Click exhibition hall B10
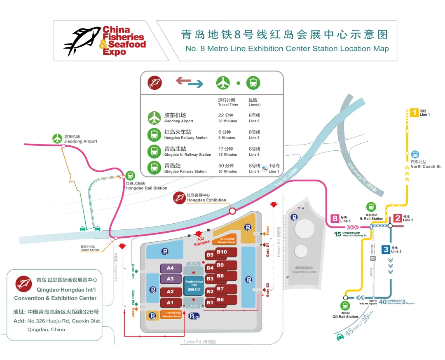pos(222,252)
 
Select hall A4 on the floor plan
pos(170,268)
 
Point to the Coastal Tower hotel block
pos(227,241)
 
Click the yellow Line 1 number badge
pos(414,112)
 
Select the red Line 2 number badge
pos(398,218)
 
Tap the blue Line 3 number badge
pos(386,249)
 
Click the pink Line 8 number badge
pos(335,219)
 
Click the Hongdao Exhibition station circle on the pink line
pos(232,211)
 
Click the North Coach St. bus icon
pos(415,154)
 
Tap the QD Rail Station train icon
pos(345,306)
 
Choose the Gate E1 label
pos(267,250)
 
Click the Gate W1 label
pos(133,271)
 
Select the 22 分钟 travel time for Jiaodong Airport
pos(225,115)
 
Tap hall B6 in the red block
pos(220,299)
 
